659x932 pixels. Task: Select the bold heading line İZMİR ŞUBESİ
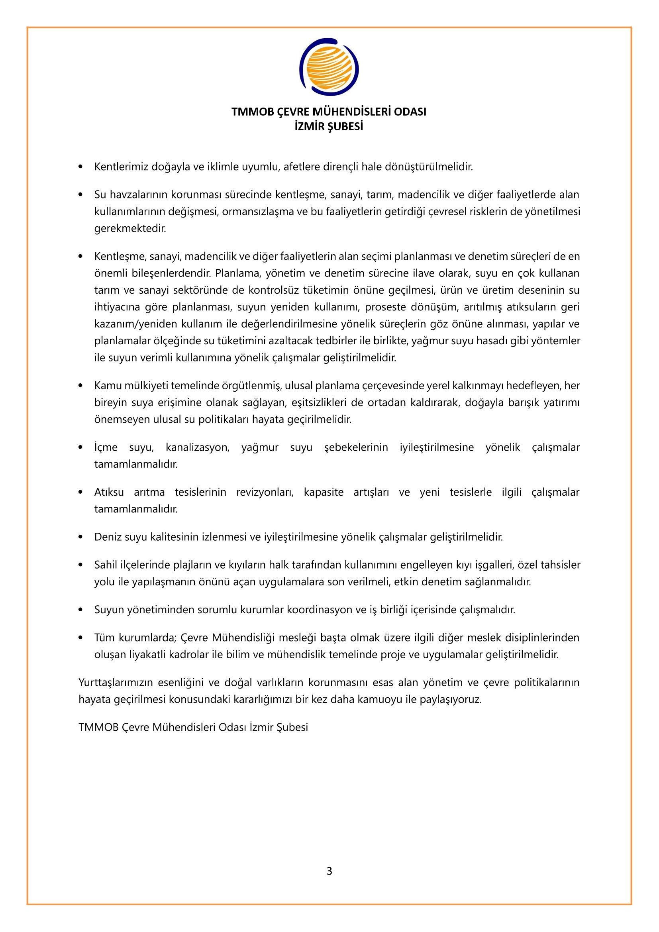click(x=329, y=127)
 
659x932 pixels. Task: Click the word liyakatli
click(x=147, y=655)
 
